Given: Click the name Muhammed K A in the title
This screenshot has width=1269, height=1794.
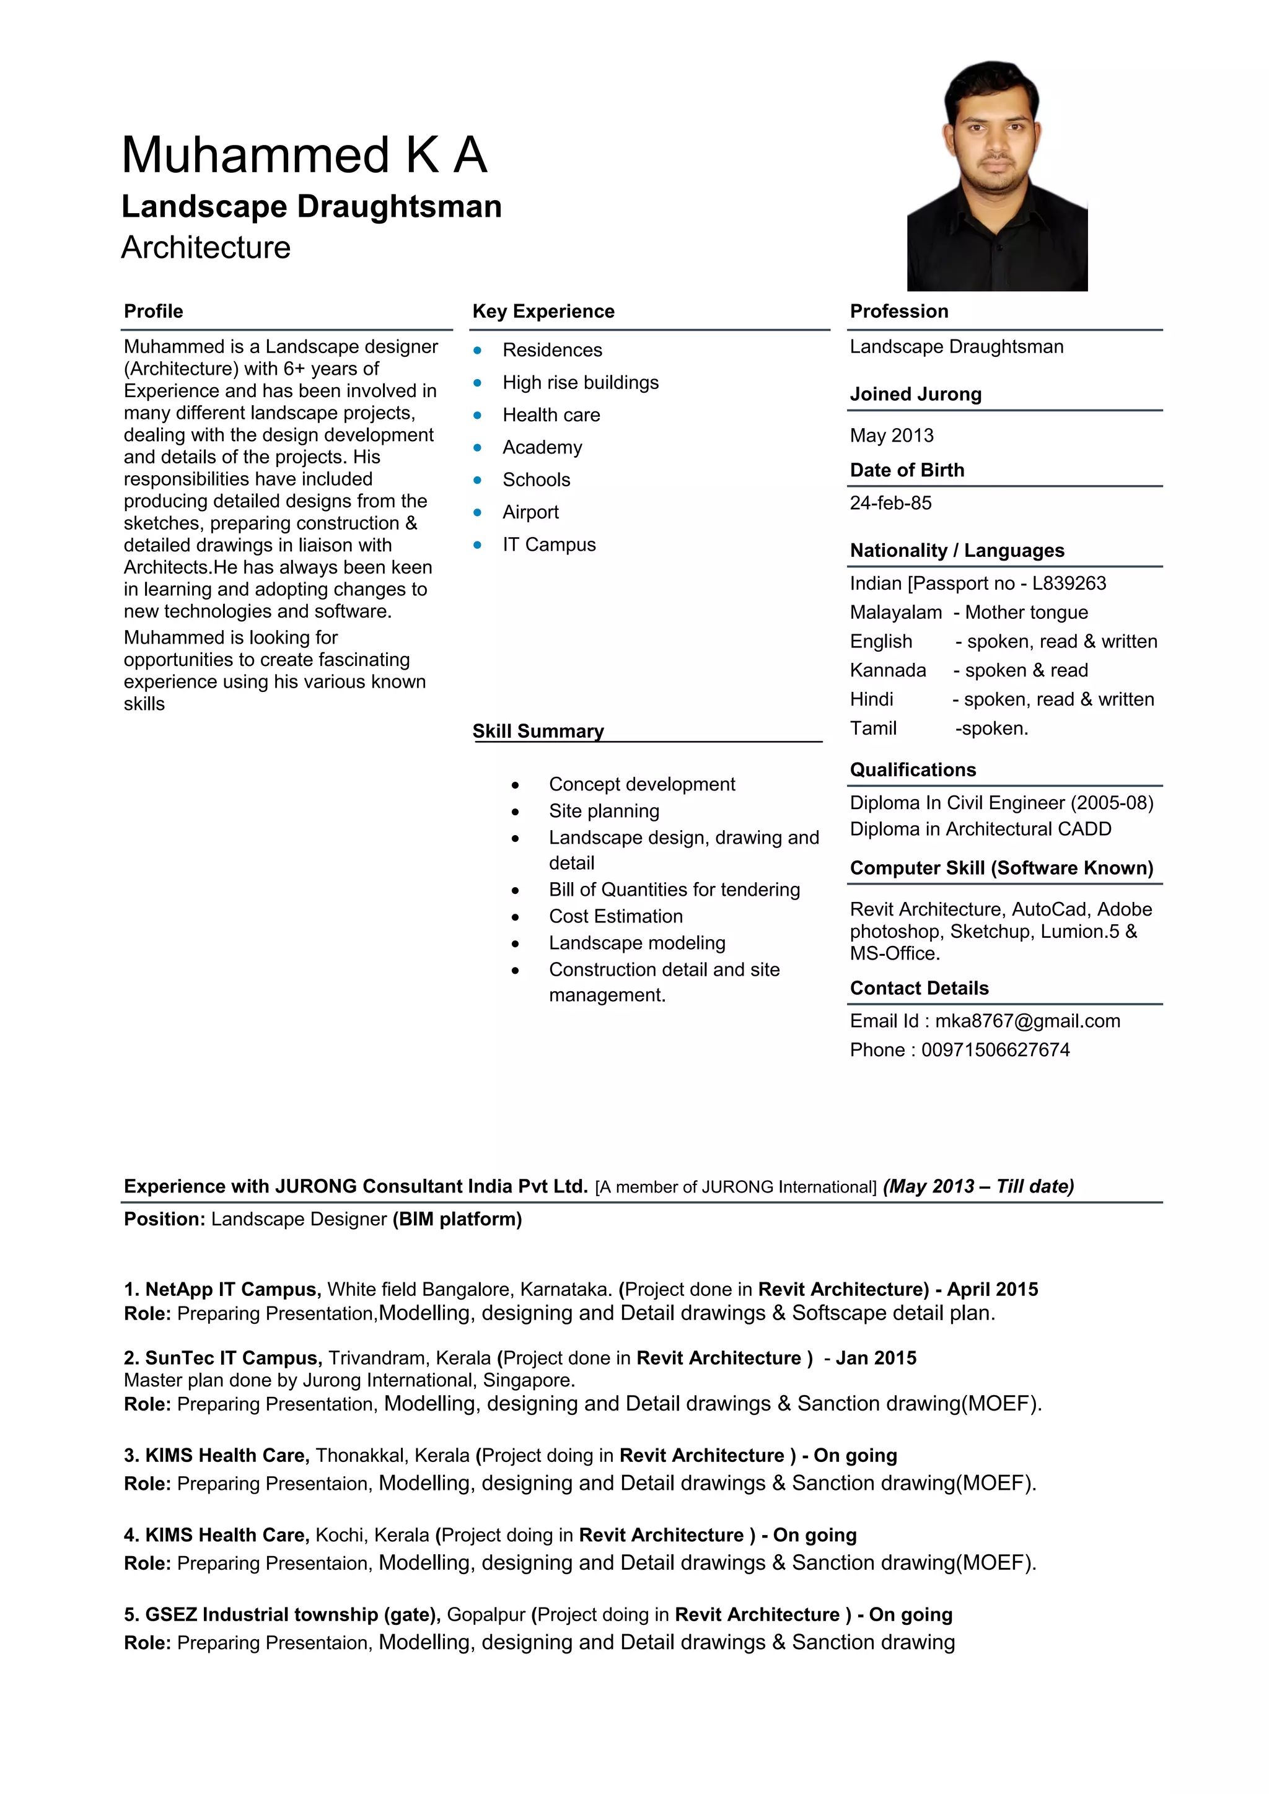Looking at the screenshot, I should coord(304,155).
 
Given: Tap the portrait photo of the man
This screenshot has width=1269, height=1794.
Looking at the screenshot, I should coord(996,177).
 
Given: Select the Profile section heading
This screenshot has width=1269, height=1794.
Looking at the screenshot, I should coord(153,311).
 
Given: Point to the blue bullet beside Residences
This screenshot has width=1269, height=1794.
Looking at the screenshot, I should coord(478,350).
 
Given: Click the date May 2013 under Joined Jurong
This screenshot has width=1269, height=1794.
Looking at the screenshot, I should coord(892,435).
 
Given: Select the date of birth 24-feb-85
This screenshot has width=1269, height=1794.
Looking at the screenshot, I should coord(891,502).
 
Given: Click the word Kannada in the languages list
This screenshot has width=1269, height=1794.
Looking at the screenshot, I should coord(888,670).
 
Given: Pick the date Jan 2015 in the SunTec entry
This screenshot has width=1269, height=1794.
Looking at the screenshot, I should coord(876,1358).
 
